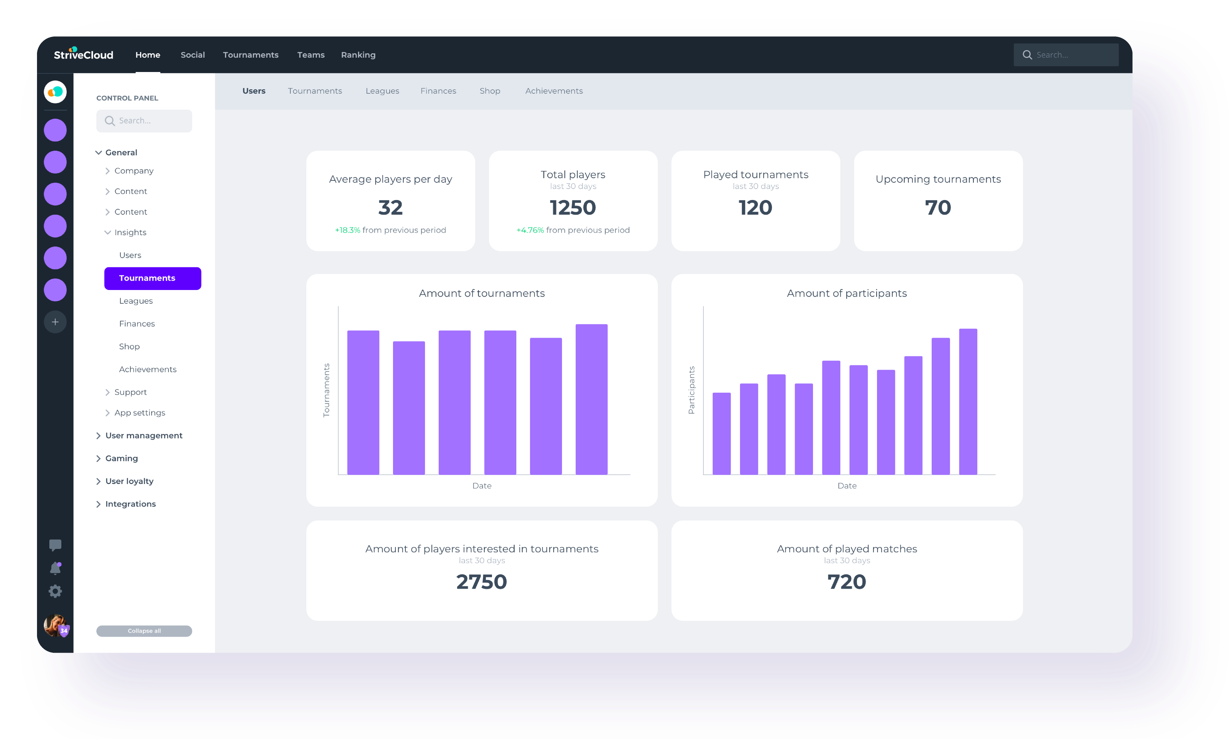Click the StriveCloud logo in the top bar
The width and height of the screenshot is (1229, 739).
(83, 54)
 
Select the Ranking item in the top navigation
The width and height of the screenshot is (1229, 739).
(358, 55)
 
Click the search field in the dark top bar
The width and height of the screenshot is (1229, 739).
(1066, 55)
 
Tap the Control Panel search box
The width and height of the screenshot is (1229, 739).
(144, 121)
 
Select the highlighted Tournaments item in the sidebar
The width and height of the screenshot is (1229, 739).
(152, 278)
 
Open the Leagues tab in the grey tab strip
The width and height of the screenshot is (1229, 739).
(382, 91)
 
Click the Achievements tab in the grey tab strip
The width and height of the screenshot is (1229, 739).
(553, 91)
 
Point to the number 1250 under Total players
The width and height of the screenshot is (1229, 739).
(573, 207)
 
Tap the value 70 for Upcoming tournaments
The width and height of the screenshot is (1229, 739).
(938, 207)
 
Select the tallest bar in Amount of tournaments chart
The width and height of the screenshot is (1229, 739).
(591, 398)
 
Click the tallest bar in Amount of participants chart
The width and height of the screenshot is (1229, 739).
(968, 401)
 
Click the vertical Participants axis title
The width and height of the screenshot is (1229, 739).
(691, 390)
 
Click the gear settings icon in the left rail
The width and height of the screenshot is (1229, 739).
(55, 591)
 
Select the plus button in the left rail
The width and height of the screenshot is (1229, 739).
(55, 322)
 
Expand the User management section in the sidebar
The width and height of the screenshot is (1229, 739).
(143, 435)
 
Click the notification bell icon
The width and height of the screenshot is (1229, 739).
(55, 568)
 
